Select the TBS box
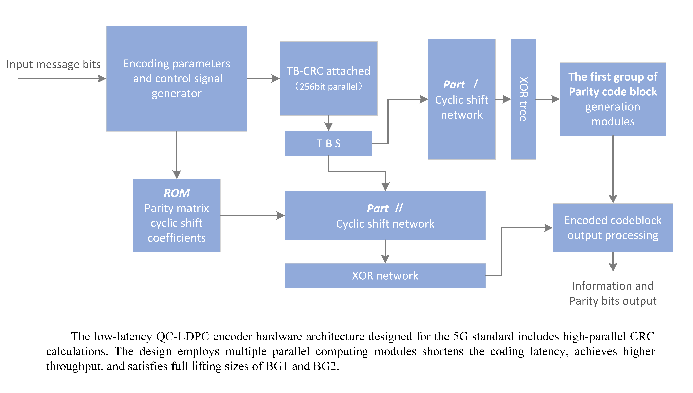pos(328,144)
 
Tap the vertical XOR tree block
pos(523,99)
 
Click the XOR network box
pos(385,276)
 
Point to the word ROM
pos(177,193)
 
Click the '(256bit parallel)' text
pos(328,87)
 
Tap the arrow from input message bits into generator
pos(62,79)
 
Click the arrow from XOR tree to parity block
pos(547,99)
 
